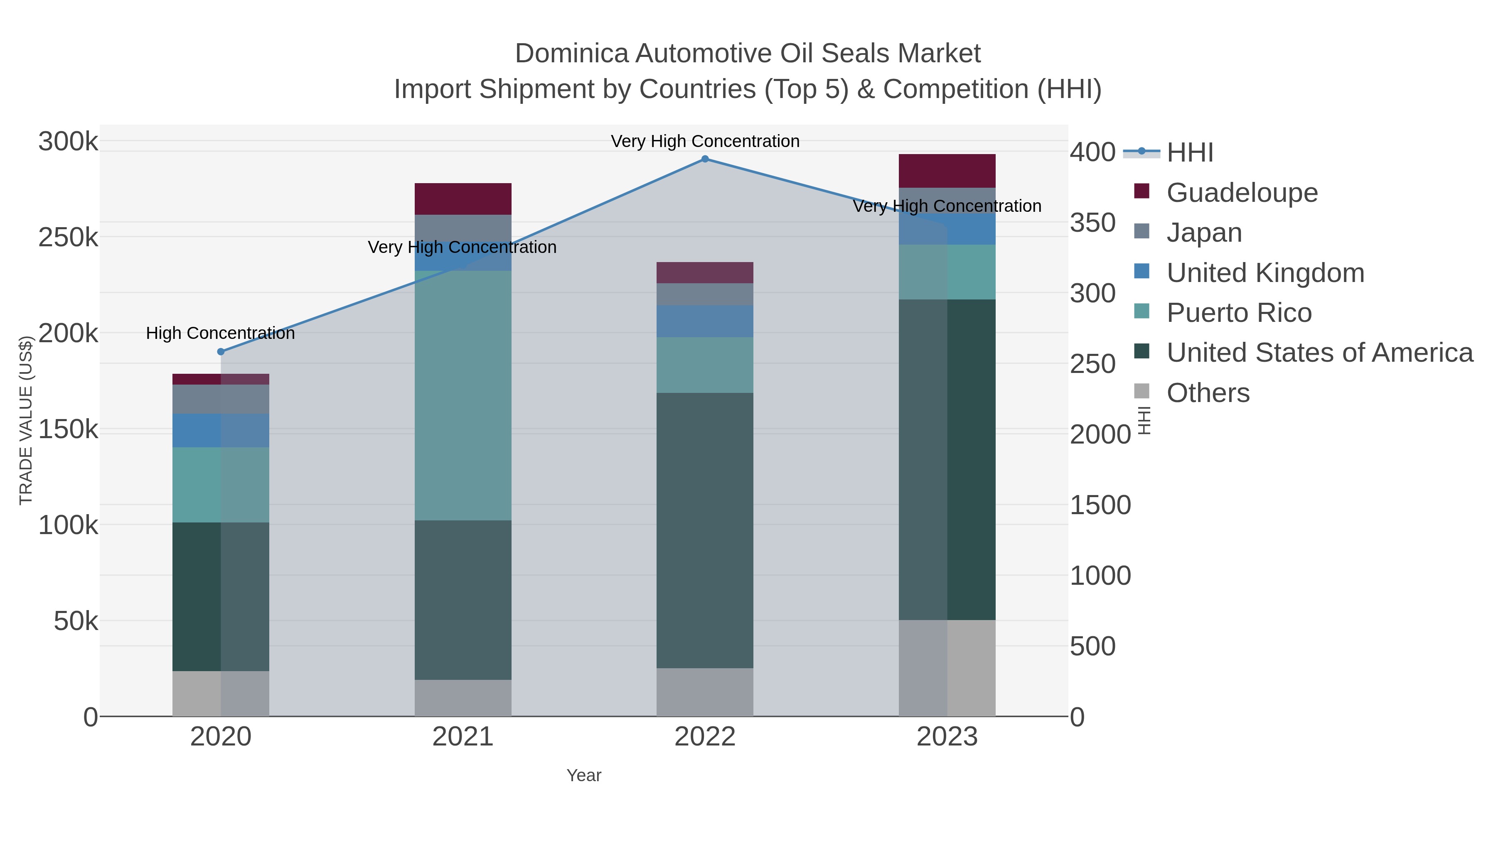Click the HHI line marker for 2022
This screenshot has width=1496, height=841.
point(705,159)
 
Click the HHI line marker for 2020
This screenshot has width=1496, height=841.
point(221,352)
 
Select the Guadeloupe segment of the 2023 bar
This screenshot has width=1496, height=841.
point(947,171)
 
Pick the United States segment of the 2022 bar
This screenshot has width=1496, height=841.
point(705,530)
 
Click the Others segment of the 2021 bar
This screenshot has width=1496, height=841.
point(463,698)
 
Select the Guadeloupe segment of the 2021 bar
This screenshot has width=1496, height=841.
point(463,199)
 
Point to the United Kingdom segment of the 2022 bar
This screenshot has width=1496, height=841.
point(705,321)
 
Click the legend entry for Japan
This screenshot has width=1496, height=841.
point(1203,233)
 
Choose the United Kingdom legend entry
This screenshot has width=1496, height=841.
point(1265,273)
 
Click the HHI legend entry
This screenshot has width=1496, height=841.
point(1189,153)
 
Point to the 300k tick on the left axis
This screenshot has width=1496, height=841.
point(68,142)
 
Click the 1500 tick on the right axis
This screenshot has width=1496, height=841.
point(1100,505)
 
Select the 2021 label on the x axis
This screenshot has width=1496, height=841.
point(463,737)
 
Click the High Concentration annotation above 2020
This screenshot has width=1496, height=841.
point(221,333)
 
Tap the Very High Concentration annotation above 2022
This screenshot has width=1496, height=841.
point(705,141)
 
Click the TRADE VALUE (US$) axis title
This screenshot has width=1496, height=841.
point(26,420)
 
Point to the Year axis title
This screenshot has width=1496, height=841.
point(584,775)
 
